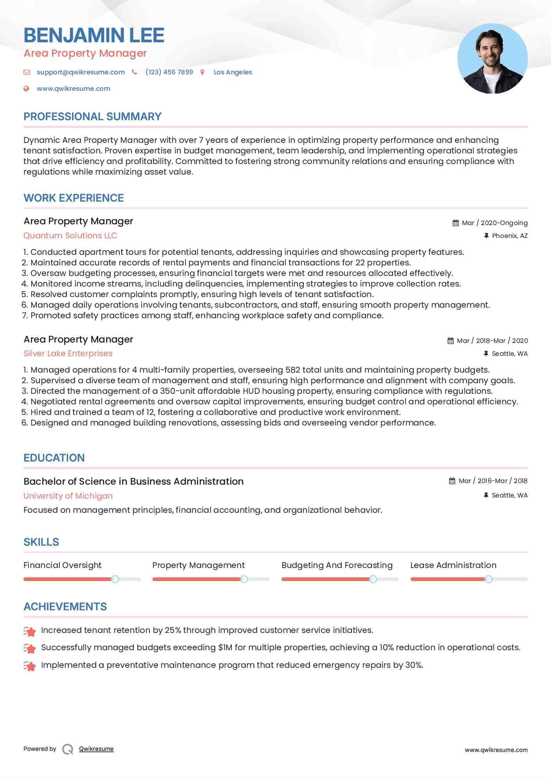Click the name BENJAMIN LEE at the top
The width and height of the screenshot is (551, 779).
94,35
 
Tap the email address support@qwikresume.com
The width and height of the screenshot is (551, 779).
81,72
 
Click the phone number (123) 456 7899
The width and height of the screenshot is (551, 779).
169,72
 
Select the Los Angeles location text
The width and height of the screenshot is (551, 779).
233,72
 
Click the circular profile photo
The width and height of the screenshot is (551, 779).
492,59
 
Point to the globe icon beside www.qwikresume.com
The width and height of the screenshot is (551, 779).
26,88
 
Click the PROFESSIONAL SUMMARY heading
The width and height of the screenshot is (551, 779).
92,117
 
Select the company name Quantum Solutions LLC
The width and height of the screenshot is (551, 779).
70,236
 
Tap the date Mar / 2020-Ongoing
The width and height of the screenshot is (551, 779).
495,223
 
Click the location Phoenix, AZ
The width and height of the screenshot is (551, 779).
509,236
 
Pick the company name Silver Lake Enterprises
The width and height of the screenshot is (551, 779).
68,353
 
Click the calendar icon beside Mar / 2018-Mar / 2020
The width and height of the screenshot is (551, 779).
450,341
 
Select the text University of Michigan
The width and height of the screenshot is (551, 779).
68,496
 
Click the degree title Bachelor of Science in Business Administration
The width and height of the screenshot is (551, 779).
134,481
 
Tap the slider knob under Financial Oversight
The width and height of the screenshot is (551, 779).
115,579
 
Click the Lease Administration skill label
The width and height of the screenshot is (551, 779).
453,565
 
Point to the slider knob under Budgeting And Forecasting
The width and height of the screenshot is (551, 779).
373,579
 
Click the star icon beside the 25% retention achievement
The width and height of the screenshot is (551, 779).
30,631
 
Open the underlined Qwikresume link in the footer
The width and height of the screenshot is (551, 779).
96,749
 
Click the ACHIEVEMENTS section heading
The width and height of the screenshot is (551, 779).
65,607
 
